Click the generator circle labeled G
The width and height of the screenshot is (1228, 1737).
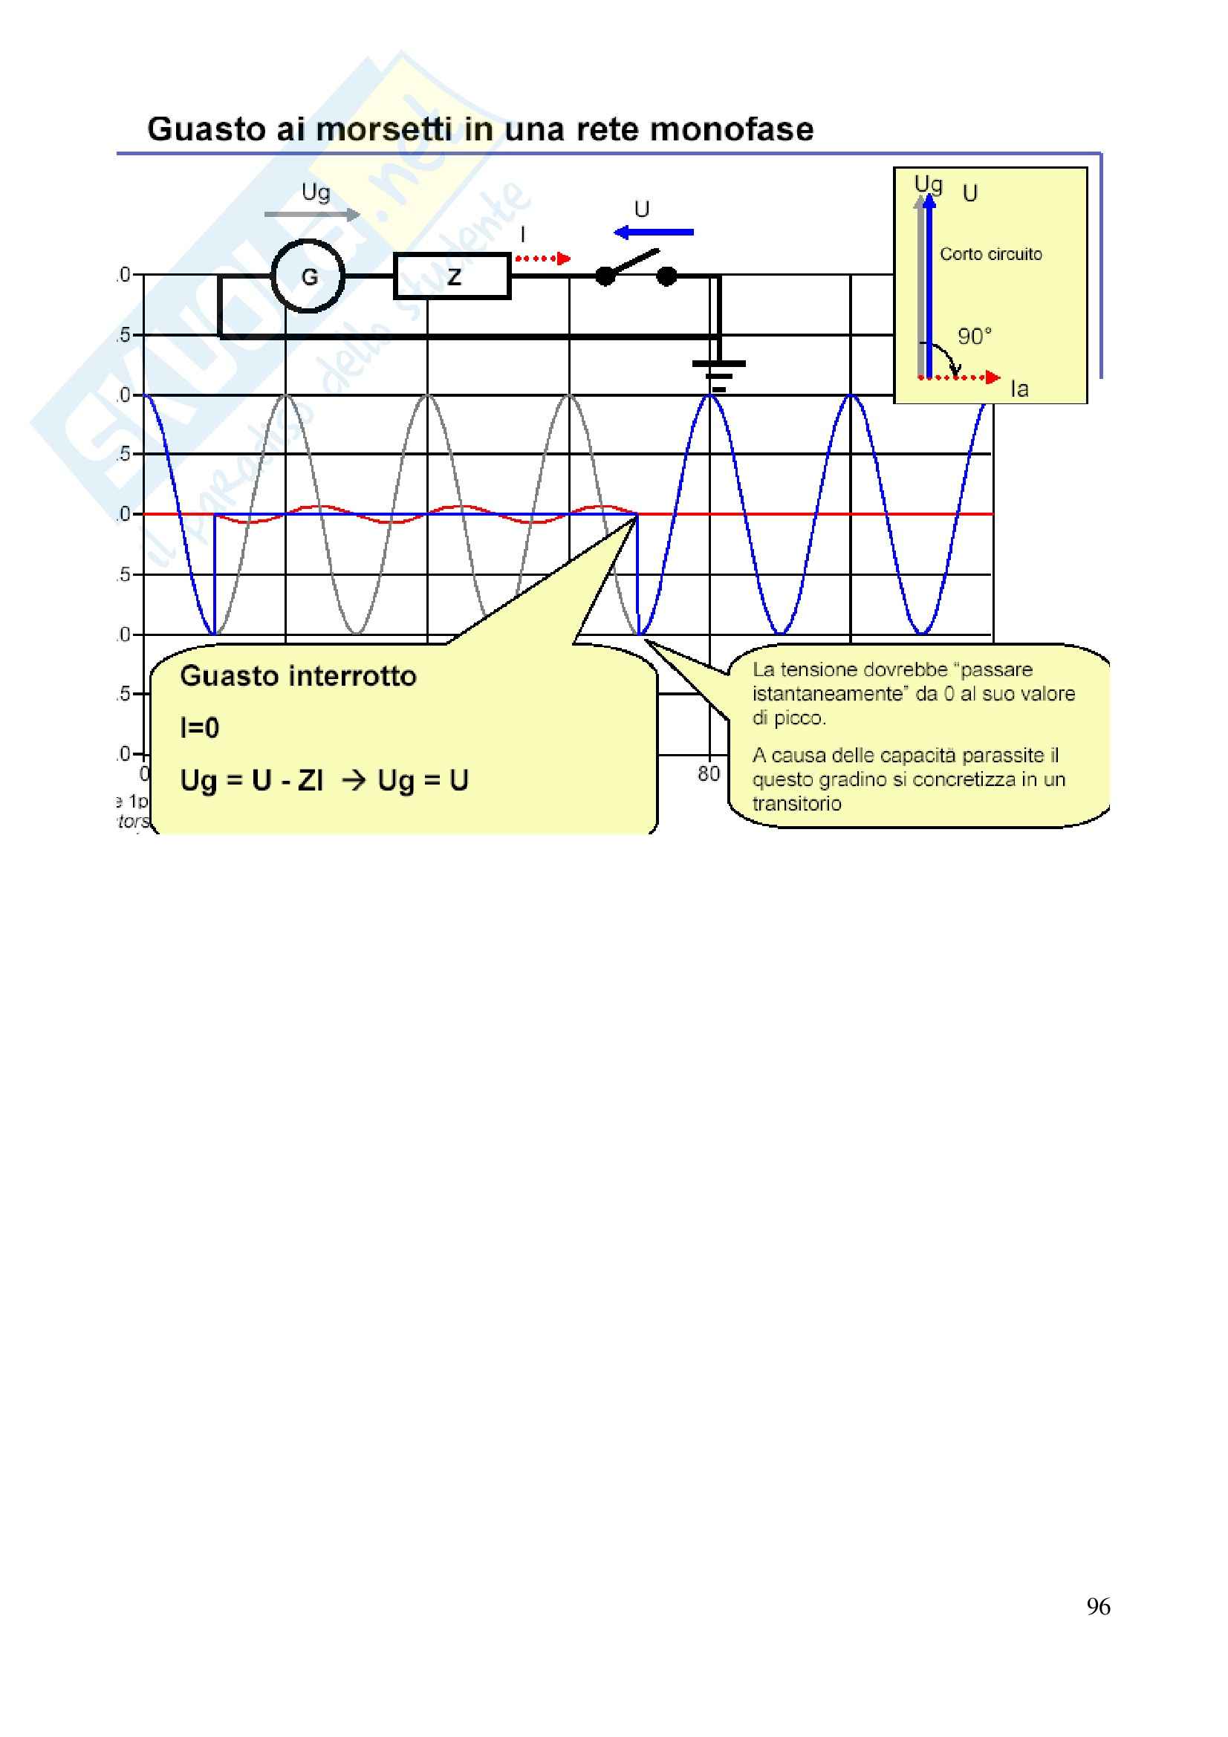tap(308, 276)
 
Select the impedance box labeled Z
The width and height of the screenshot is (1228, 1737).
tap(452, 276)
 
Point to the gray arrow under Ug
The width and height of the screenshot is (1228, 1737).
tap(312, 215)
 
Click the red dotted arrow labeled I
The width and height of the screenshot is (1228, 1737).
tap(542, 259)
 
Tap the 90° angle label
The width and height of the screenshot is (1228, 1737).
tap(975, 337)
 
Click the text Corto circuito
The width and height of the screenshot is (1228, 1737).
tap(990, 254)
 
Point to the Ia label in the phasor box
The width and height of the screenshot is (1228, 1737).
tap(1019, 389)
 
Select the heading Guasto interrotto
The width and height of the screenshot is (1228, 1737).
tap(298, 675)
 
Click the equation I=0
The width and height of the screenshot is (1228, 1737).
tap(200, 728)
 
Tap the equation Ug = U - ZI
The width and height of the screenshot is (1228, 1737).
tap(252, 780)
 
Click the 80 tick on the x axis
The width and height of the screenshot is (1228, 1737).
tap(709, 773)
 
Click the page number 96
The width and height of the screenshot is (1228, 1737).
tap(1098, 1606)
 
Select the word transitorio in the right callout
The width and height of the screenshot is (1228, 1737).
tap(796, 803)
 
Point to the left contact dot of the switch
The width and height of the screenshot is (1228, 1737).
tap(605, 277)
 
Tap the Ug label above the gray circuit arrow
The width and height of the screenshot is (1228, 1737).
tap(316, 193)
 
